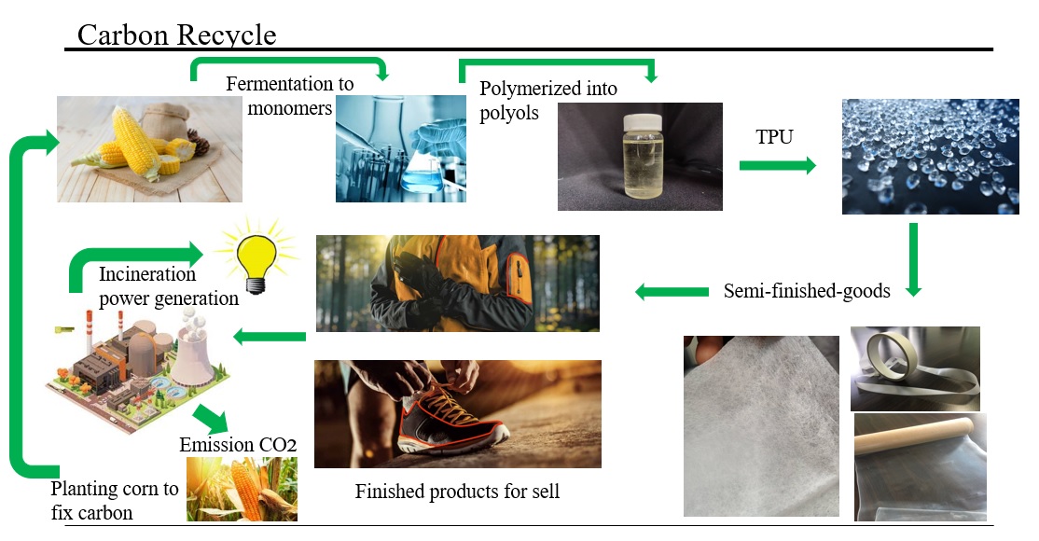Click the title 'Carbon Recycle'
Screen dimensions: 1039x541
click(x=176, y=35)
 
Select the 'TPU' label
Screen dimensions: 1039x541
click(x=774, y=136)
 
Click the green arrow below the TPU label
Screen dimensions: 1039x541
click(x=777, y=165)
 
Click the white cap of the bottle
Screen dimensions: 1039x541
click(x=643, y=122)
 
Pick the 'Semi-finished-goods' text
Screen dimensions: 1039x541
click(x=807, y=291)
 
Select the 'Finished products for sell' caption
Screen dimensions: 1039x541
click(x=457, y=492)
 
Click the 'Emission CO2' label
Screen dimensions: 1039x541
click(x=238, y=444)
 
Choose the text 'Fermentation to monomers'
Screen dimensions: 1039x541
click(x=289, y=95)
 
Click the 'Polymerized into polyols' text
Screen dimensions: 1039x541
click(x=548, y=100)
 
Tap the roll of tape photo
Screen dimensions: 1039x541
click(x=915, y=368)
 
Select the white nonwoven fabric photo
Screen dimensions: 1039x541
click(x=761, y=426)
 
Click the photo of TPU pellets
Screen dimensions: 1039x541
click(x=930, y=157)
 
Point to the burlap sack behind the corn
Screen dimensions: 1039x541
click(x=166, y=121)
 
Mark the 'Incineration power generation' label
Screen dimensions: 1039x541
click(x=168, y=286)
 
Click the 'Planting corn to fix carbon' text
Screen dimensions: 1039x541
click(x=115, y=501)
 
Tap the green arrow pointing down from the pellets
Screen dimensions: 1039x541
click(x=914, y=259)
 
